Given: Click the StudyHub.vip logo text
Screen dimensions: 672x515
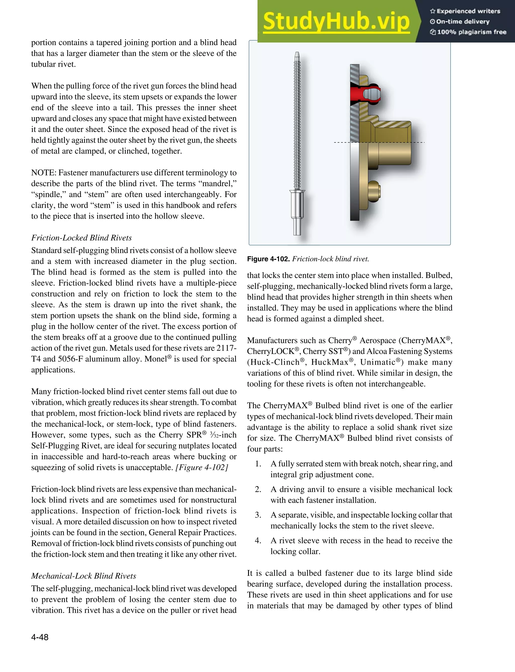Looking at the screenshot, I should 336,21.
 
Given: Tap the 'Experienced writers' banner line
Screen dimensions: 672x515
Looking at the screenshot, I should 465,11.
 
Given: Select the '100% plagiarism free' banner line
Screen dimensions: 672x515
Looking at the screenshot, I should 468,32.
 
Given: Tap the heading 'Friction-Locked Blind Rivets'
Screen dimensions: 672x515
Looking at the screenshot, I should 81,238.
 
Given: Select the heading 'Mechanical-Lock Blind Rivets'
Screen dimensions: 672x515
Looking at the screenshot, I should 83,576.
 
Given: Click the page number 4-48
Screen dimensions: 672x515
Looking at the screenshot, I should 39,637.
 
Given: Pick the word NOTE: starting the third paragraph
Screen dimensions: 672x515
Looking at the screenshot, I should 44,173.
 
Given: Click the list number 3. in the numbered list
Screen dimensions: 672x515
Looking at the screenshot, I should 258,515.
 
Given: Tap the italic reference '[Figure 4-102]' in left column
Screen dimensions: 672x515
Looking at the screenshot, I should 201,467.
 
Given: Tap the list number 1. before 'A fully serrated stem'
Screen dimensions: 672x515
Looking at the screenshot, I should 258,464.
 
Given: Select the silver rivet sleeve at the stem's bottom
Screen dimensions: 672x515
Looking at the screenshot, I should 297,204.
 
